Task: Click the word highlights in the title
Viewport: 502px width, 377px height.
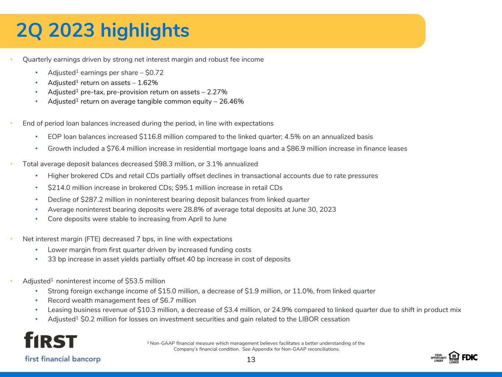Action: [x=145, y=31]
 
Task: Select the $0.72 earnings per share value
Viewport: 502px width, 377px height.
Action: [x=154, y=73]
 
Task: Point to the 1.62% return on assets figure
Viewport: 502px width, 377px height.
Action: [x=148, y=82]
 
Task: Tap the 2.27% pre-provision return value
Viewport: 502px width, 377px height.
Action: [x=217, y=92]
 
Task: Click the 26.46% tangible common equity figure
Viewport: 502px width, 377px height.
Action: [x=231, y=101]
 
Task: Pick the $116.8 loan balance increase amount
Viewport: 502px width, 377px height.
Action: [x=150, y=137]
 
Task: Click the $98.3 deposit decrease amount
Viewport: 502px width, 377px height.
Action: [x=163, y=164]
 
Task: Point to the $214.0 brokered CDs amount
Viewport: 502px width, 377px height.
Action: [x=59, y=188]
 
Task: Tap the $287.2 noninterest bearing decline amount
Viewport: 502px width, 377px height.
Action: [x=92, y=200]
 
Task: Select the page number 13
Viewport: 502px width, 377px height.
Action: [x=251, y=360]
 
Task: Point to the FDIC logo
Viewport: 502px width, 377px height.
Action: [x=470, y=357]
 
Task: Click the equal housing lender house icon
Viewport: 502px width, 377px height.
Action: [x=454, y=356]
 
